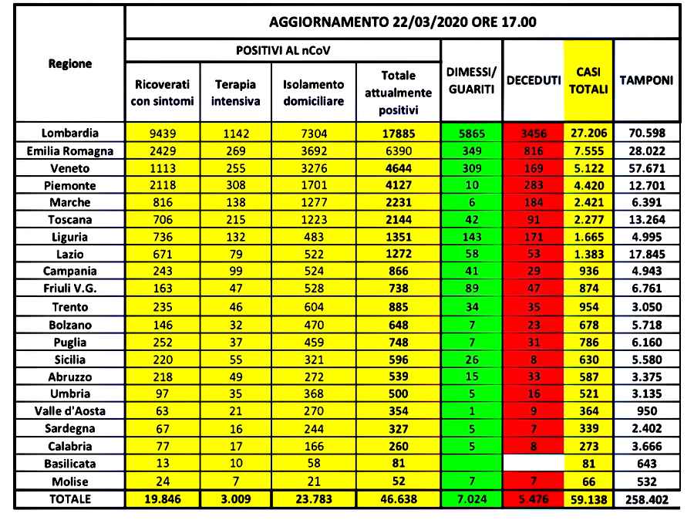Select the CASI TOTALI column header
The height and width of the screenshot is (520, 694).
click(x=588, y=80)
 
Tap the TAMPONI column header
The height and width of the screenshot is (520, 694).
click(x=646, y=80)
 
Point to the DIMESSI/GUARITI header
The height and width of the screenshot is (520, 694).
click(x=470, y=80)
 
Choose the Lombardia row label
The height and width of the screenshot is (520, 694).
click(x=69, y=133)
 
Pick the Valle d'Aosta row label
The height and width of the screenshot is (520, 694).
click(x=69, y=411)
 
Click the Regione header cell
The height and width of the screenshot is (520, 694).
click(x=69, y=64)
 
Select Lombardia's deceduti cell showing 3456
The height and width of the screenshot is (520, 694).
click(x=533, y=133)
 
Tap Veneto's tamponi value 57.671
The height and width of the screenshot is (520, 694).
click(x=646, y=167)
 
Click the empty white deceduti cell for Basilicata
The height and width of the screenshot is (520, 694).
click(x=533, y=464)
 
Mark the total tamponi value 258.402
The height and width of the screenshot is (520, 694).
click(x=646, y=499)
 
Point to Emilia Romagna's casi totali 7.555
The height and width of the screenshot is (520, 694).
click(x=588, y=150)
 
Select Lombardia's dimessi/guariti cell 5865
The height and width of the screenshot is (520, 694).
click(x=470, y=133)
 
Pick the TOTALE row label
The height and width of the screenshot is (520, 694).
click(x=69, y=499)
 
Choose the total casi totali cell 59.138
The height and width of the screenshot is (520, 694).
click(x=588, y=499)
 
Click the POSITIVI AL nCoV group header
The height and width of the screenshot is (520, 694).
click(x=282, y=49)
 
